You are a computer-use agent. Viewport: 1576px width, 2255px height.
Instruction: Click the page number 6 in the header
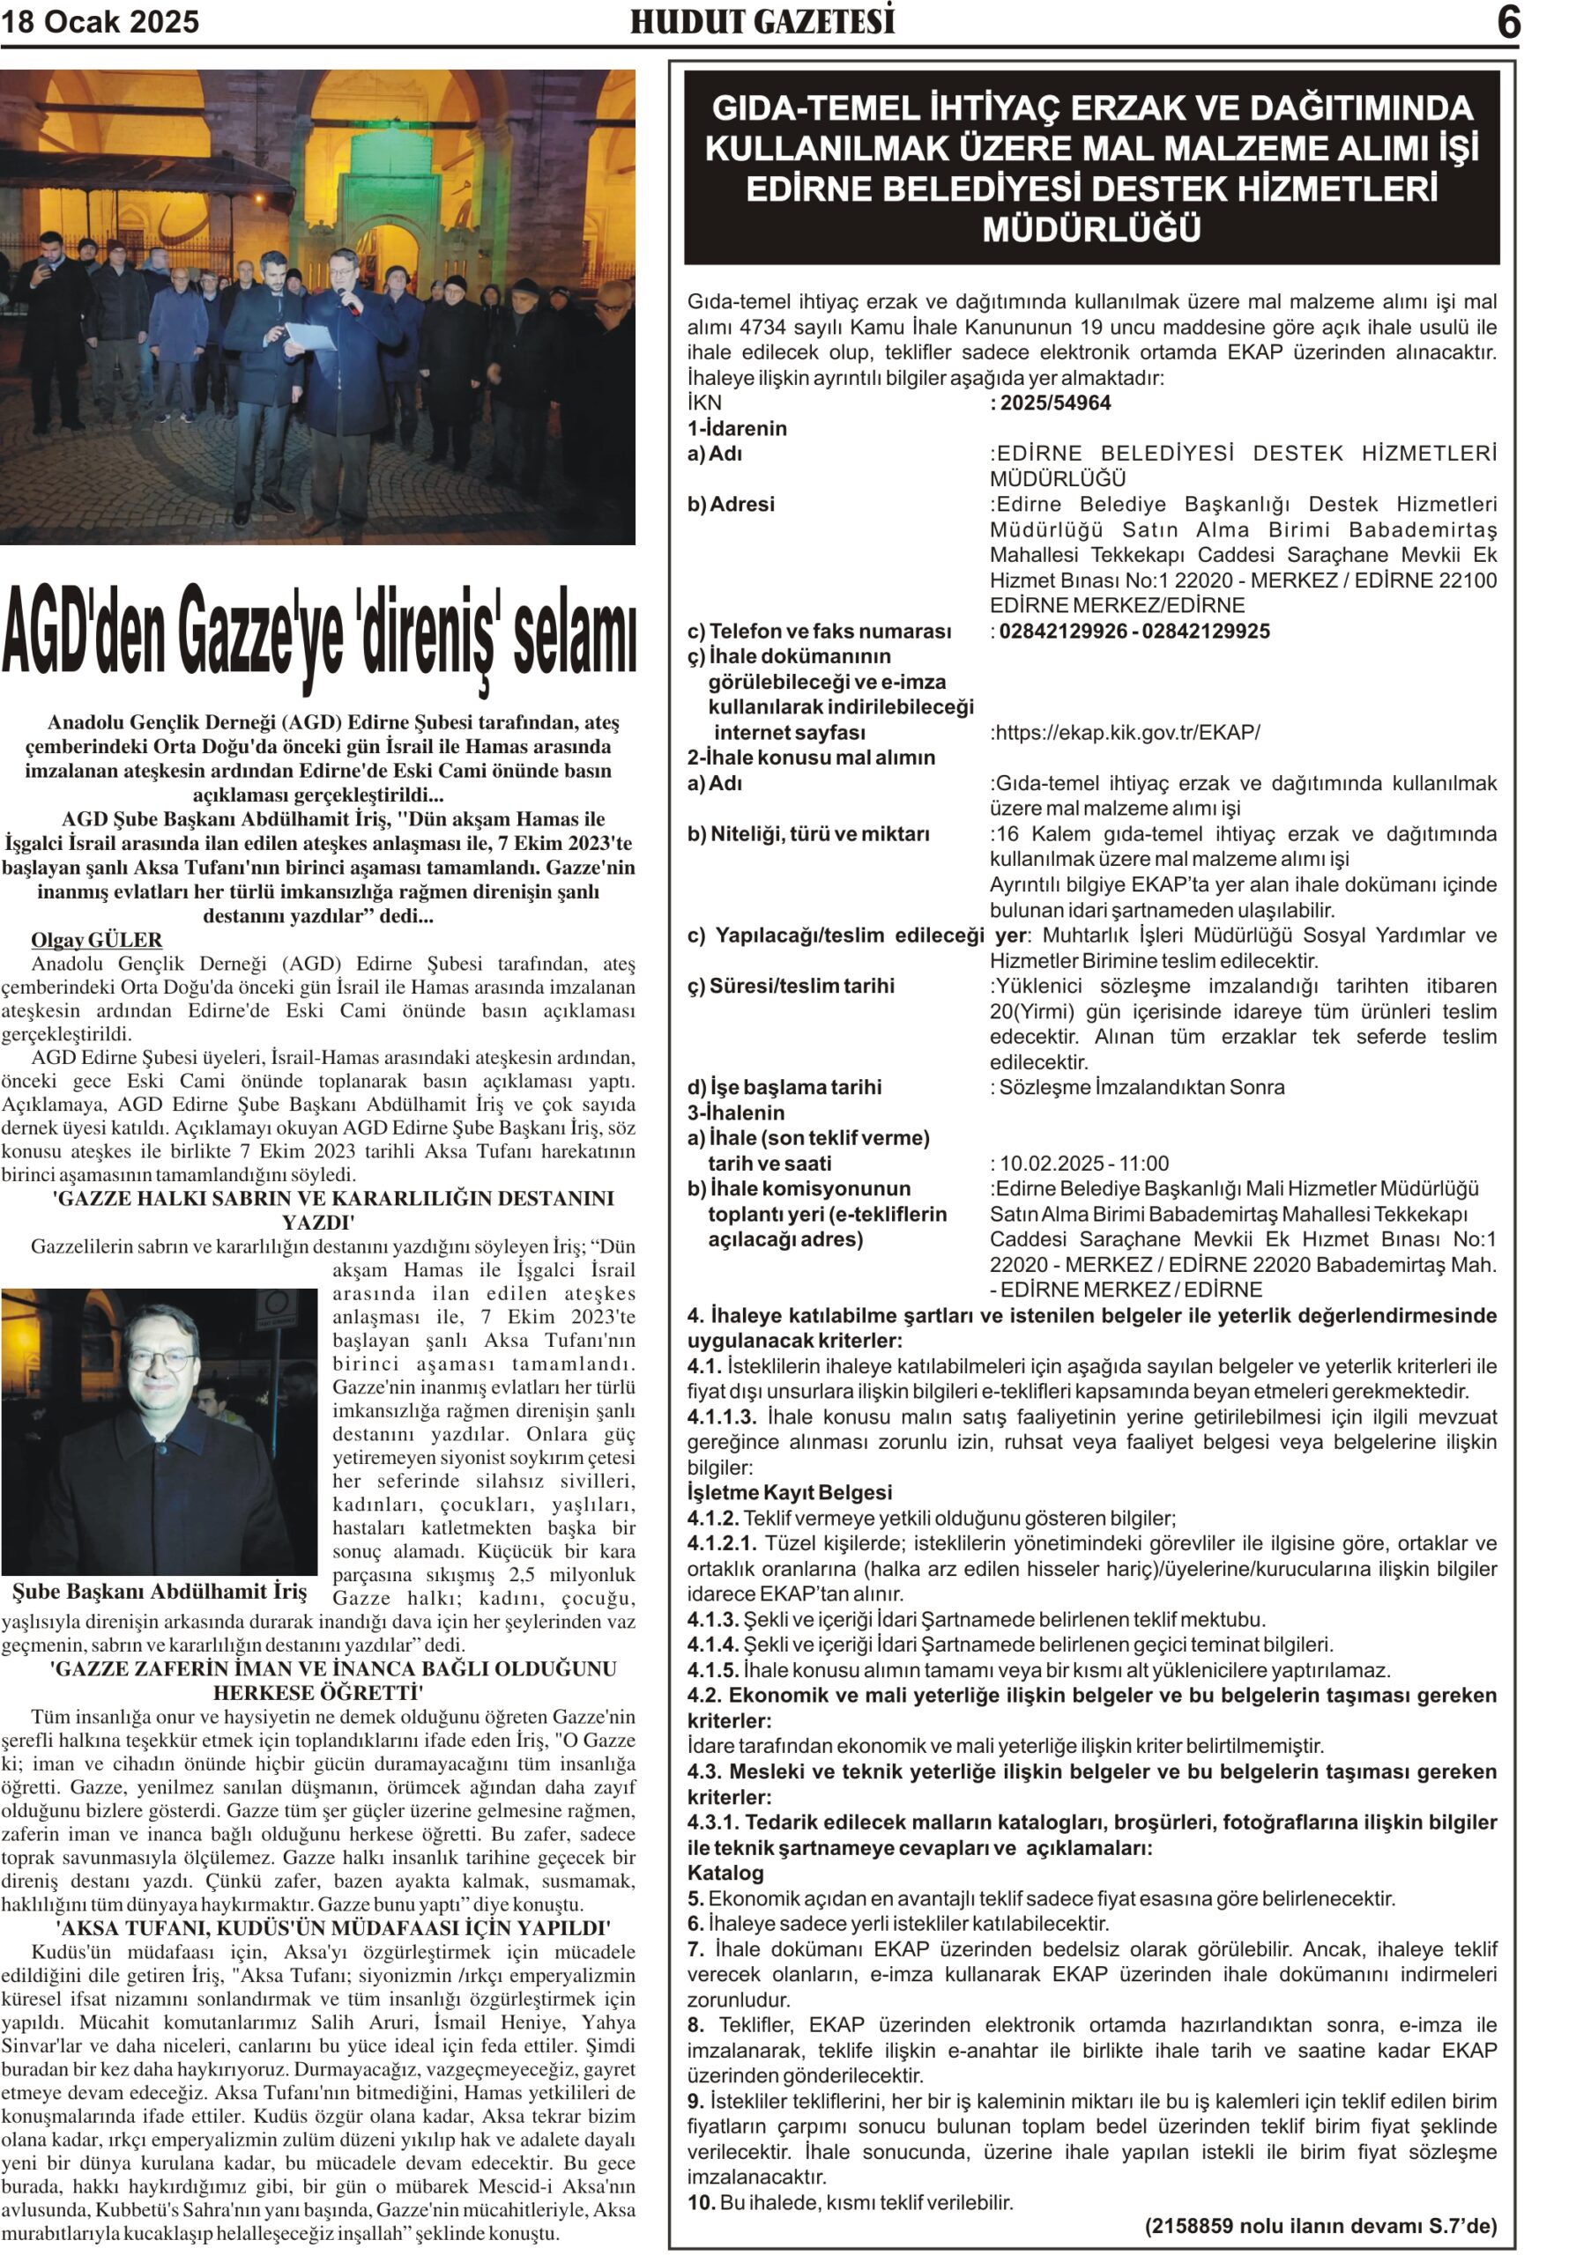coord(1508,22)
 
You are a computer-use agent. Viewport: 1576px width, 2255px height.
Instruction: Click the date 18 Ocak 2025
coord(100,22)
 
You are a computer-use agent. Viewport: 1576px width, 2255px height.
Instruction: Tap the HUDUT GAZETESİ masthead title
coord(762,22)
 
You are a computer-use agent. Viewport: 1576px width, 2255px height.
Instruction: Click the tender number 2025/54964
coord(1055,403)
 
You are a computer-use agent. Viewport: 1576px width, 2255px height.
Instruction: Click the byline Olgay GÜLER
coord(96,940)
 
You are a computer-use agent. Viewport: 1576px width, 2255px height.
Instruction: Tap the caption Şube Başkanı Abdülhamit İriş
coord(160,1592)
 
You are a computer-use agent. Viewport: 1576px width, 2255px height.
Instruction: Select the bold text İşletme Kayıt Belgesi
coord(789,1493)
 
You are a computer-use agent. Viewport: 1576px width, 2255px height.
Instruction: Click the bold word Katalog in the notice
coord(725,1873)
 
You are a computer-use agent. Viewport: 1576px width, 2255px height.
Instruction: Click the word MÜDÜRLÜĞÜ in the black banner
coord(1091,230)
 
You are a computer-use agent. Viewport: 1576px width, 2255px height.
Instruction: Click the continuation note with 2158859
coord(1320,2227)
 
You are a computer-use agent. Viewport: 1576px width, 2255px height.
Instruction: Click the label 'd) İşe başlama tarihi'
coord(784,1087)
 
